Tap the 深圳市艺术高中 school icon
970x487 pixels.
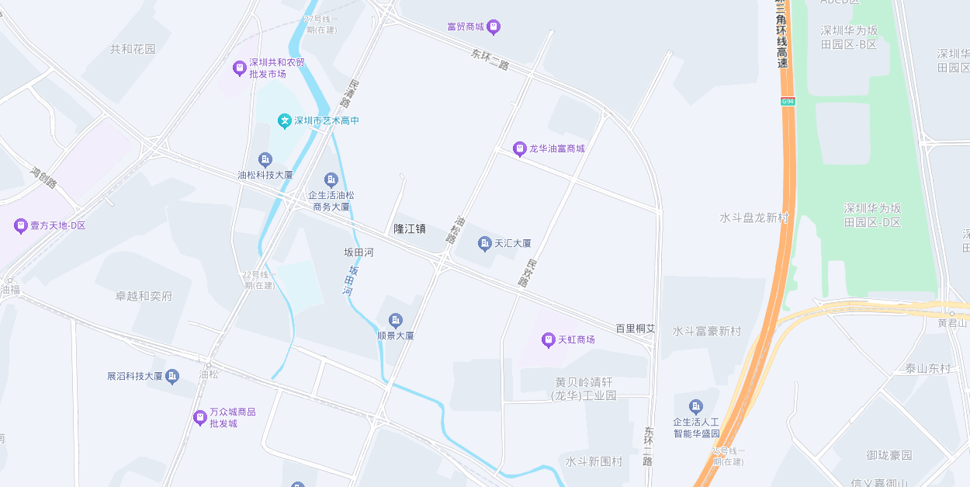pyautogui.click(x=285, y=121)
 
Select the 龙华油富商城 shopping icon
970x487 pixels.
pyautogui.click(x=519, y=148)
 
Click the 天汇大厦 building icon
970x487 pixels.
pyautogui.click(x=485, y=244)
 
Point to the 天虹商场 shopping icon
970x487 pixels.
pyautogui.click(x=548, y=339)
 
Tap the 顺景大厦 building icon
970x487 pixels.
pyautogui.click(x=395, y=320)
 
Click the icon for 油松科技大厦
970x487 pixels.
pyautogui.click(x=265, y=159)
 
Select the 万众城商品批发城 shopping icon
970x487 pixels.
pyautogui.click(x=200, y=418)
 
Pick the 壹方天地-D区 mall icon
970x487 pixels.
pyautogui.click(x=20, y=226)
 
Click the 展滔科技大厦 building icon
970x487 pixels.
pyautogui.click(x=172, y=376)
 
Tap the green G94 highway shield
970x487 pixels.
pyautogui.click(x=788, y=102)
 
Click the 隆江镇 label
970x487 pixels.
pyautogui.click(x=409, y=228)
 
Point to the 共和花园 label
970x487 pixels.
pyautogui.click(x=133, y=49)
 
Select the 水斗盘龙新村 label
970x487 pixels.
pyautogui.click(x=753, y=217)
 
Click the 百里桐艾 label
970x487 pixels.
pyautogui.click(x=636, y=329)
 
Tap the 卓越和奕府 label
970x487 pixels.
pyautogui.click(x=144, y=296)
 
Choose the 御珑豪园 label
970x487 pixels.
pyautogui.click(x=889, y=455)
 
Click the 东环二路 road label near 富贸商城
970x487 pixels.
pyautogui.click(x=490, y=60)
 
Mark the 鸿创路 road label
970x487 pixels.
pyautogui.click(x=43, y=178)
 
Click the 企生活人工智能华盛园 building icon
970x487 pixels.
pyautogui.click(x=696, y=406)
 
